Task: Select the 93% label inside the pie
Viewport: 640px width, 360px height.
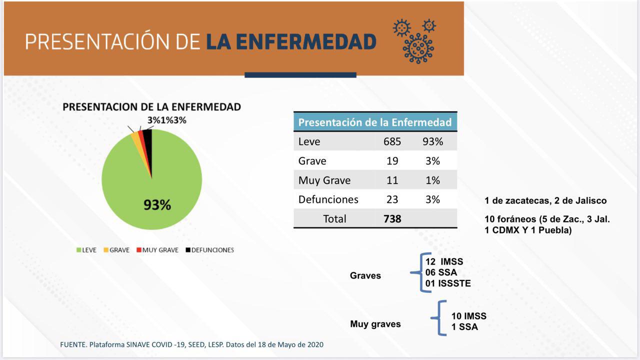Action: pyautogui.click(x=157, y=204)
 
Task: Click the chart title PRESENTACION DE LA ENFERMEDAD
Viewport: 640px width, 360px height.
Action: pyautogui.click(x=151, y=107)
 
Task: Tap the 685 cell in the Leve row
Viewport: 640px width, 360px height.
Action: pyautogui.click(x=392, y=141)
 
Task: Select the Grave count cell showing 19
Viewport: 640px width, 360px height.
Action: pyautogui.click(x=392, y=161)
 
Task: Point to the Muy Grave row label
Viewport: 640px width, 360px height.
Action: pyautogui.click(x=324, y=180)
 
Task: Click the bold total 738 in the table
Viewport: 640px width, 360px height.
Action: pyautogui.click(x=392, y=219)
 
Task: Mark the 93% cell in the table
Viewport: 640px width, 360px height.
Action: pyautogui.click(x=432, y=141)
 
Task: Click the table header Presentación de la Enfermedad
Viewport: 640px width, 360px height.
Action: pyautogui.click(x=375, y=122)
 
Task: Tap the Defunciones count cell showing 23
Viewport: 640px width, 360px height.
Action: pyautogui.click(x=392, y=199)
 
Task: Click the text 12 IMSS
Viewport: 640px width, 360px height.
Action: pyautogui.click(x=444, y=262)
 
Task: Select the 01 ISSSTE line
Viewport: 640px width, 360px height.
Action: pyautogui.click(x=448, y=284)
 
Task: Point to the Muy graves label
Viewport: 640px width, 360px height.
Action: pyautogui.click(x=375, y=324)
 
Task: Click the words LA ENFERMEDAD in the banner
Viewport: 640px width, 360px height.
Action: pyautogui.click(x=291, y=42)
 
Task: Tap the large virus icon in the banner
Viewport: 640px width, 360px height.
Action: pyautogui.click(x=418, y=48)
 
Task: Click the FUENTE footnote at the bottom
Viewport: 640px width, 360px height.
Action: pyautogui.click(x=191, y=345)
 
